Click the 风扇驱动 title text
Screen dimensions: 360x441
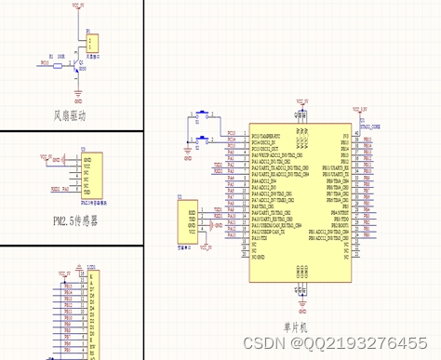point(70,116)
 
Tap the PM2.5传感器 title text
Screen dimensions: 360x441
point(70,220)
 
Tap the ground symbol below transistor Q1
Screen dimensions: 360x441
point(80,91)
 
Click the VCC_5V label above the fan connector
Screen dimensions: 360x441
point(77,7)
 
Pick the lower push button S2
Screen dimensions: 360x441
point(202,139)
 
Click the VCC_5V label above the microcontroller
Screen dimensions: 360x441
point(301,99)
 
